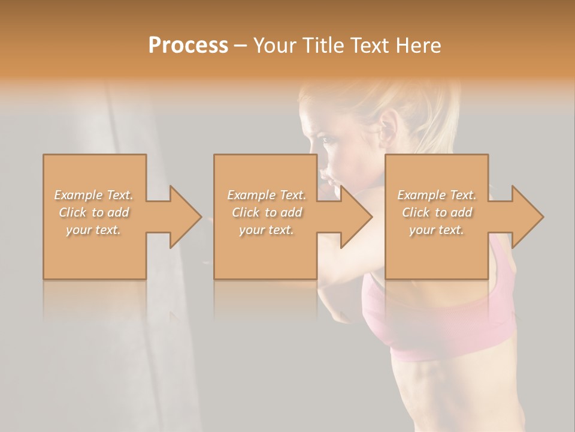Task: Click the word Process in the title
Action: pyautogui.click(x=188, y=46)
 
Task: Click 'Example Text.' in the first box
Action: pyautogui.click(x=94, y=195)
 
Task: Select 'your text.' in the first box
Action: pyautogui.click(x=94, y=230)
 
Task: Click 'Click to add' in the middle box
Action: pyautogui.click(x=267, y=212)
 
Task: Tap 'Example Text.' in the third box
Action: pyautogui.click(x=437, y=195)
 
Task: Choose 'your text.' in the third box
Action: pyautogui.click(x=437, y=230)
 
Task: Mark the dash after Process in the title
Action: pyautogui.click(x=241, y=46)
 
